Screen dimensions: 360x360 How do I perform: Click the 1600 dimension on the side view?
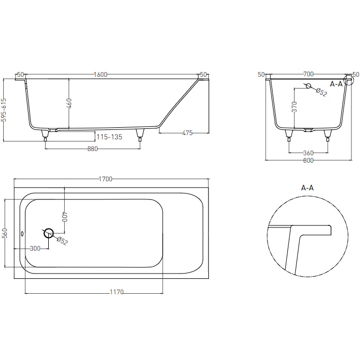click(x=99, y=75)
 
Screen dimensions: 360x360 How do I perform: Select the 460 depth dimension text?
click(x=69, y=103)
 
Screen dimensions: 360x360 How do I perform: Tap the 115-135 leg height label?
click(x=110, y=137)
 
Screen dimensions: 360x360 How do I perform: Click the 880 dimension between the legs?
click(x=92, y=149)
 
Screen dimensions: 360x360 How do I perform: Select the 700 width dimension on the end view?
click(x=309, y=75)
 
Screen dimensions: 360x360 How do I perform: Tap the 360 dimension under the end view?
click(x=308, y=153)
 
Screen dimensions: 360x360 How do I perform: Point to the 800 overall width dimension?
click(x=308, y=161)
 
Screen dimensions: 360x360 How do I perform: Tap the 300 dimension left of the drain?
click(x=35, y=249)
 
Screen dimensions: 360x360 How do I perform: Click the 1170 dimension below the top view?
click(x=117, y=292)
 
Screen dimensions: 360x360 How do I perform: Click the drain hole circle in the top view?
click(x=49, y=233)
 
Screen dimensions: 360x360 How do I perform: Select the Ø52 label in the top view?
click(x=62, y=242)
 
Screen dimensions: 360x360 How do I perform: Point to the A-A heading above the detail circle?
click(x=308, y=188)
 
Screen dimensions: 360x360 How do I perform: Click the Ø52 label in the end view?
click(x=321, y=93)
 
